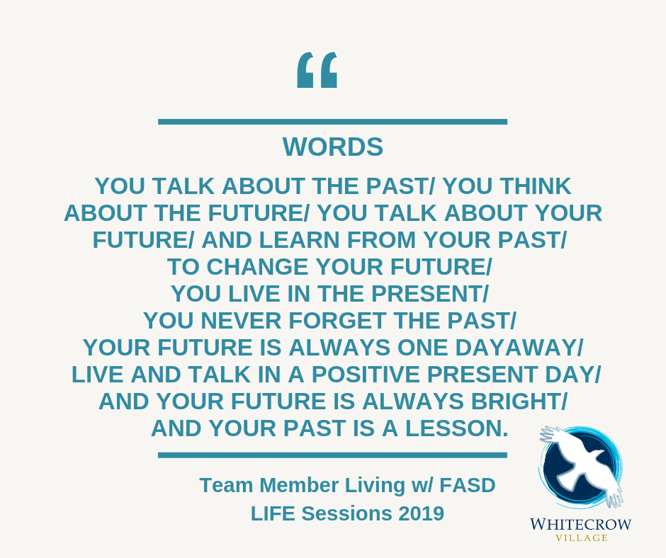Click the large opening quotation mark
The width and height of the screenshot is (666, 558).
pos(317,70)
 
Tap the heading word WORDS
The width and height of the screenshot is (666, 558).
pos(333,147)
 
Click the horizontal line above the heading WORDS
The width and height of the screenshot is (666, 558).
pos(332,122)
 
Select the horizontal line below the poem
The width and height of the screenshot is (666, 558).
pos(332,455)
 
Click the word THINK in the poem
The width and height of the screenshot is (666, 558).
pos(535,186)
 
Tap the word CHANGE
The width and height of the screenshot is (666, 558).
pos(257,267)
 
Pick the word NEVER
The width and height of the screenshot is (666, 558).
pos(241,321)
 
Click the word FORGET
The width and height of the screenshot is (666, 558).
pos(338,321)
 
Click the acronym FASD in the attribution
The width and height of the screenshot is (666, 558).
pos(467,485)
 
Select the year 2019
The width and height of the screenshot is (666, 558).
pos(422,513)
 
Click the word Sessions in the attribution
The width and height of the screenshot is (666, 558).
pos(346,513)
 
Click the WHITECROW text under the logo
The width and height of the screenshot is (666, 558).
pos(580,523)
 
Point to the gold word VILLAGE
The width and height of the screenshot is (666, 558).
pos(582,538)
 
